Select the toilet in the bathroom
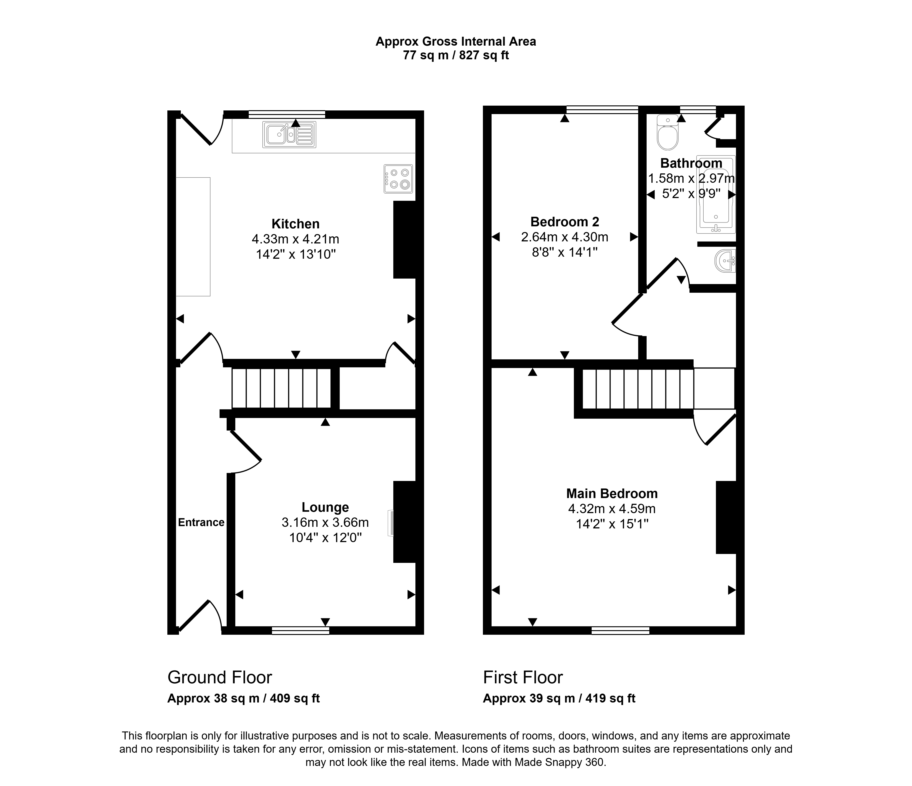click(668, 132)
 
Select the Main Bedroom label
click(612, 493)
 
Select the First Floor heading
click(523, 677)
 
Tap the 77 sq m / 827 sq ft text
click(456, 55)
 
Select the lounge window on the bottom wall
click(301, 631)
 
